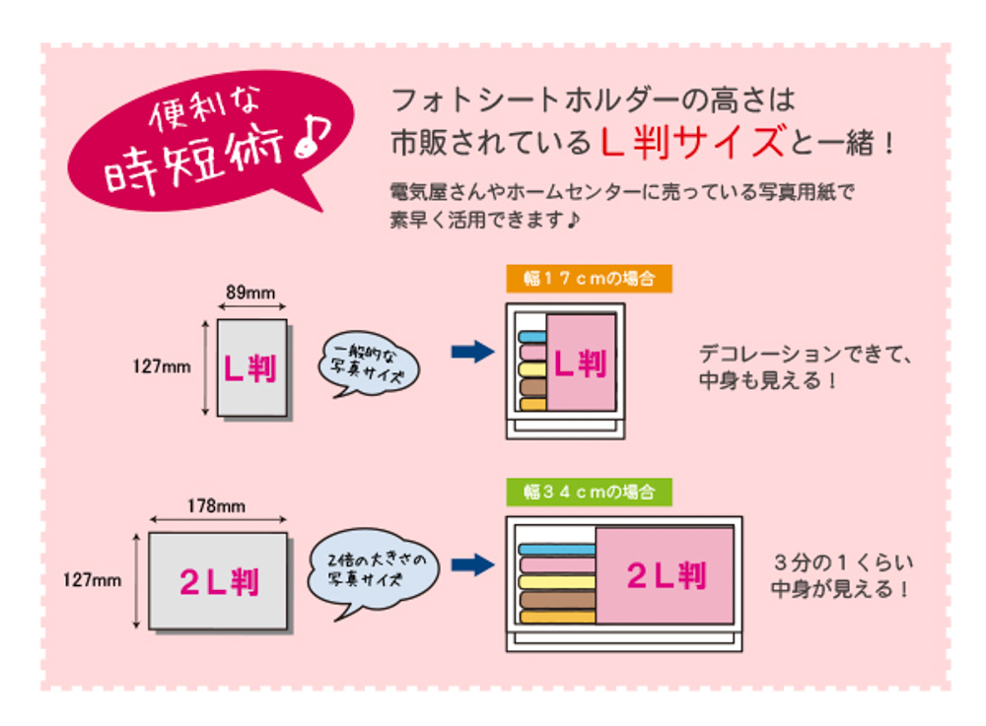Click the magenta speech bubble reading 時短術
[x=211, y=141]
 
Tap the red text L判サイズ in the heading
[x=693, y=142]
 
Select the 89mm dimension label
[x=250, y=293]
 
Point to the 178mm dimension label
[x=216, y=506]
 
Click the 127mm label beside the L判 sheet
[x=162, y=366]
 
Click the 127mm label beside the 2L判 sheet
[x=92, y=580]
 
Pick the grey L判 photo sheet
[x=252, y=368]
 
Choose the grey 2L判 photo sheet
[x=218, y=581]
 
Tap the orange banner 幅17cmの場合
[x=590, y=278]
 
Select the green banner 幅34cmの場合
[x=590, y=492]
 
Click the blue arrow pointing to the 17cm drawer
[x=473, y=352]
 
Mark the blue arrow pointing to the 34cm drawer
[x=473, y=564]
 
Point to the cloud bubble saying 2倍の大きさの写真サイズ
[x=373, y=571]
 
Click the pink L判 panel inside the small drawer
[x=581, y=363]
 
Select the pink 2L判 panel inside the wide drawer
[x=666, y=574]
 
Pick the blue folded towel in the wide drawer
[x=557, y=550]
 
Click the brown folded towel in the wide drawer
[x=557, y=600]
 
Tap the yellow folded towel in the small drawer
[x=532, y=369]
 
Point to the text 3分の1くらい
[x=843, y=562]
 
